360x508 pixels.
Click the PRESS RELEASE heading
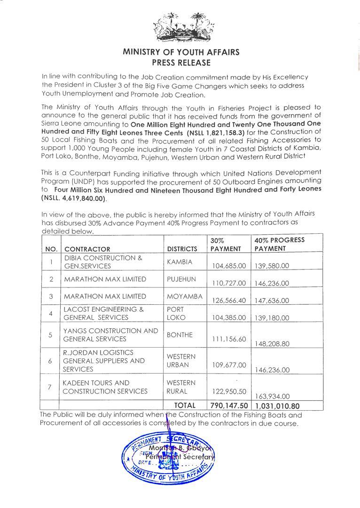click(181, 62)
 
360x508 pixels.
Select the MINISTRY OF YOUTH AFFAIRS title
click(181, 52)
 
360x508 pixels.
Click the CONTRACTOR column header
click(87, 249)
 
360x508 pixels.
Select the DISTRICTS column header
click(182, 249)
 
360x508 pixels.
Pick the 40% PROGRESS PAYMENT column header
click(279, 244)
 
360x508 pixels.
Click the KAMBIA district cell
click(179, 261)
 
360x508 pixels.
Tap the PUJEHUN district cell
click(180, 279)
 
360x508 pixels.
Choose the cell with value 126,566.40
click(228, 300)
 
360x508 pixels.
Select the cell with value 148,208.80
click(272, 344)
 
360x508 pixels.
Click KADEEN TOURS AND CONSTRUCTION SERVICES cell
click(105, 387)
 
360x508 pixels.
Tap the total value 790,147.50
click(229, 405)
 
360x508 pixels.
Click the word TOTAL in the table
click(185, 405)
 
